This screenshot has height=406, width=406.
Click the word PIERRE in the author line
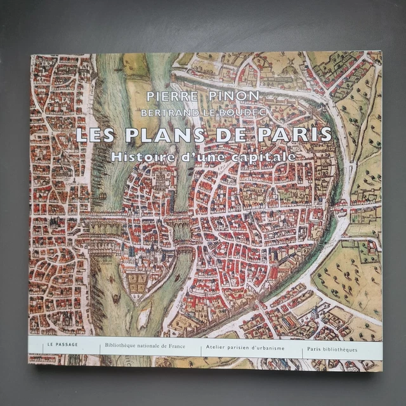pyautogui.click(x=169, y=97)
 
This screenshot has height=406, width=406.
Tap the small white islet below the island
pyautogui.click(x=145, y=317)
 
